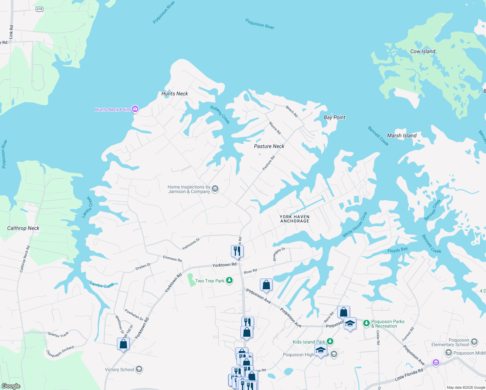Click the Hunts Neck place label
[x=174, y=94]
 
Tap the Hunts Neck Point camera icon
[x=135, y=109]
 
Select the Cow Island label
[x=423, y=51]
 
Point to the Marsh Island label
[x=402, y=136]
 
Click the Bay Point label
[x=335, y=117]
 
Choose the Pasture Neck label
[x=269, y=146]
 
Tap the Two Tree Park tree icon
[x=229, y=280]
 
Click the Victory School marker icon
[x=139, y=370]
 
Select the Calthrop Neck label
[x=23, y=228]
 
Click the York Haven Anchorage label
[x=295, y=219]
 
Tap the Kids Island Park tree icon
[x=330, y=341]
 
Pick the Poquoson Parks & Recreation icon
[x=366, y=323]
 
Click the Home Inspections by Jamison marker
[x=215, y=189]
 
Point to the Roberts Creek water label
[x=220, y=115]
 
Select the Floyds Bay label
[x=397, y=250]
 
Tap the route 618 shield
[x=39, y=9]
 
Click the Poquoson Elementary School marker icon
[x=474, y=342]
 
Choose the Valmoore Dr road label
[x=191, y=244]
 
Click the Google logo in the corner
[x=11, y=386]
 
